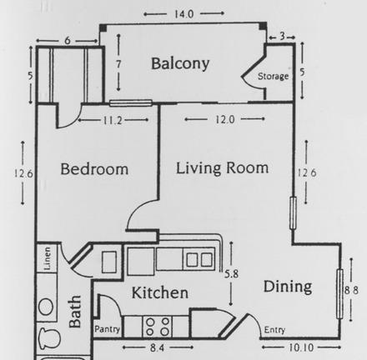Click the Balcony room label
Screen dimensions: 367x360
180,64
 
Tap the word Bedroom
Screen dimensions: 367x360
94,168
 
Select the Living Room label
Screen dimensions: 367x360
222,168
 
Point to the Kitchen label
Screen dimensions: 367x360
159,292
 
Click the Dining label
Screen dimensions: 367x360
288,287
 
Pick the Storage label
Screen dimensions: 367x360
273,76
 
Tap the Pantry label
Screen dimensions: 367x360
107,329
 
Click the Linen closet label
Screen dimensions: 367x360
48,258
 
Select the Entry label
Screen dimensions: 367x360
274,330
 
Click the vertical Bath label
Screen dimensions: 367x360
75,312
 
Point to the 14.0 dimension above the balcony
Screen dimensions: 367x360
183,14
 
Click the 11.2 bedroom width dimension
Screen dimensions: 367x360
113,121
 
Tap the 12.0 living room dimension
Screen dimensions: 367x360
225,120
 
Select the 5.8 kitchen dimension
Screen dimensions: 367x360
231,274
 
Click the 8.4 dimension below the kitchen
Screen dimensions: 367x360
157,347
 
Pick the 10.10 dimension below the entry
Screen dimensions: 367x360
301,347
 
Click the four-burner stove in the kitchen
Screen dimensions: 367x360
158,327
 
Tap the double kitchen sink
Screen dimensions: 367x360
199,259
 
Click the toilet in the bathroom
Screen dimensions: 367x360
49,338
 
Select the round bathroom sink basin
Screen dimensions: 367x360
46,307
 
